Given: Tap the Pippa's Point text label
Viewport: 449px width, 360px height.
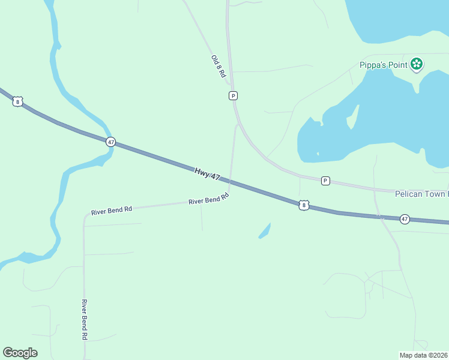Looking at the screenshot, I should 384,65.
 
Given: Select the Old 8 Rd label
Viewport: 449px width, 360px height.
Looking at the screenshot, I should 218,67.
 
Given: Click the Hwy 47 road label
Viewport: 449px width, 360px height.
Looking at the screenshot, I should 208,176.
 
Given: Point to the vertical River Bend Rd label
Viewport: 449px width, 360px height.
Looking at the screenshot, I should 85,320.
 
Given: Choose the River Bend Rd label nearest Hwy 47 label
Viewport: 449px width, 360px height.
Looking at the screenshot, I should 209,199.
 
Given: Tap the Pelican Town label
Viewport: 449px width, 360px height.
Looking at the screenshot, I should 421,194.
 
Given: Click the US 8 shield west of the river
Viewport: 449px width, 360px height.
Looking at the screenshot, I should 17,101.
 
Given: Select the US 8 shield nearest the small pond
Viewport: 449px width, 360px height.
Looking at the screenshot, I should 304,205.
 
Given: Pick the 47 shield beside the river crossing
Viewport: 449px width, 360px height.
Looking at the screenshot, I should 110,142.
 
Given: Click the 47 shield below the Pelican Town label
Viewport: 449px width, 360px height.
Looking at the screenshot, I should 405,219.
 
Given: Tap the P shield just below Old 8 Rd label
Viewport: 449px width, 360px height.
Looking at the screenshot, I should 233,95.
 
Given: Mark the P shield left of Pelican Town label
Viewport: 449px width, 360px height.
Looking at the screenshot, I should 325,181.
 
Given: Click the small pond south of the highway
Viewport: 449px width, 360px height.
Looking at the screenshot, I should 265,231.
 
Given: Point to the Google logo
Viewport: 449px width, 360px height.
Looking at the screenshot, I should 20,353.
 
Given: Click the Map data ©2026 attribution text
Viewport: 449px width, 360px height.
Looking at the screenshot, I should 424,355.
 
